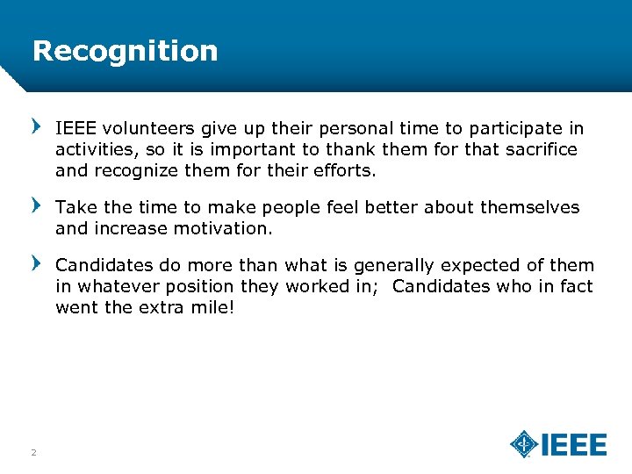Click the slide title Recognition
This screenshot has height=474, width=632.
(125, 51)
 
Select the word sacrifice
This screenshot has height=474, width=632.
(541, 149)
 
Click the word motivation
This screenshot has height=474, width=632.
(226, 228)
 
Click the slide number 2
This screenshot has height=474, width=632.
(33, 452)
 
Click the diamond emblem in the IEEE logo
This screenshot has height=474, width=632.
(524, 443)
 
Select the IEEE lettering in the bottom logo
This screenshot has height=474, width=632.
(573, 444)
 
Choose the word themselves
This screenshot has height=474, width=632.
(528, 208)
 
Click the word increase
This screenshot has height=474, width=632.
(128, 228)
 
